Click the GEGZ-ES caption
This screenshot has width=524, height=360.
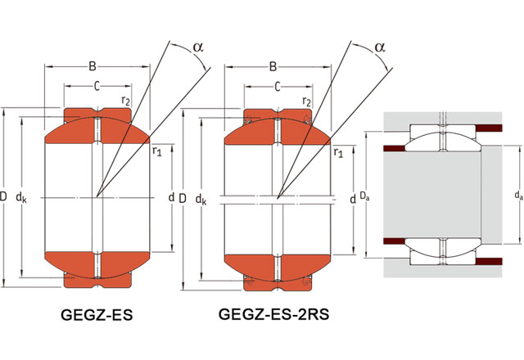[97, 315]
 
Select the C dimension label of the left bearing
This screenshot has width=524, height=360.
[97, 86]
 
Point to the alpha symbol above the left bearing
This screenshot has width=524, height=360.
[197, 47]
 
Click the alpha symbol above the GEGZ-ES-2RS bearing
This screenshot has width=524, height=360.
[379, 47]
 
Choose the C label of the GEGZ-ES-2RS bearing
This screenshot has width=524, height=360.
[278, 86]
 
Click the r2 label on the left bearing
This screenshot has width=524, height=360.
[124, 101]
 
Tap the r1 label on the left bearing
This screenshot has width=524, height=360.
[156, 151]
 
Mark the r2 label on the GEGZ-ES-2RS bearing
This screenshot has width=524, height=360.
[305, 101]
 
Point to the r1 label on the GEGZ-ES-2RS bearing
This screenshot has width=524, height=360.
[337, 151]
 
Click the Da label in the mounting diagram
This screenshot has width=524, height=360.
[365, 196]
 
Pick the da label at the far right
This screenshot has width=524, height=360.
[517, 196]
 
